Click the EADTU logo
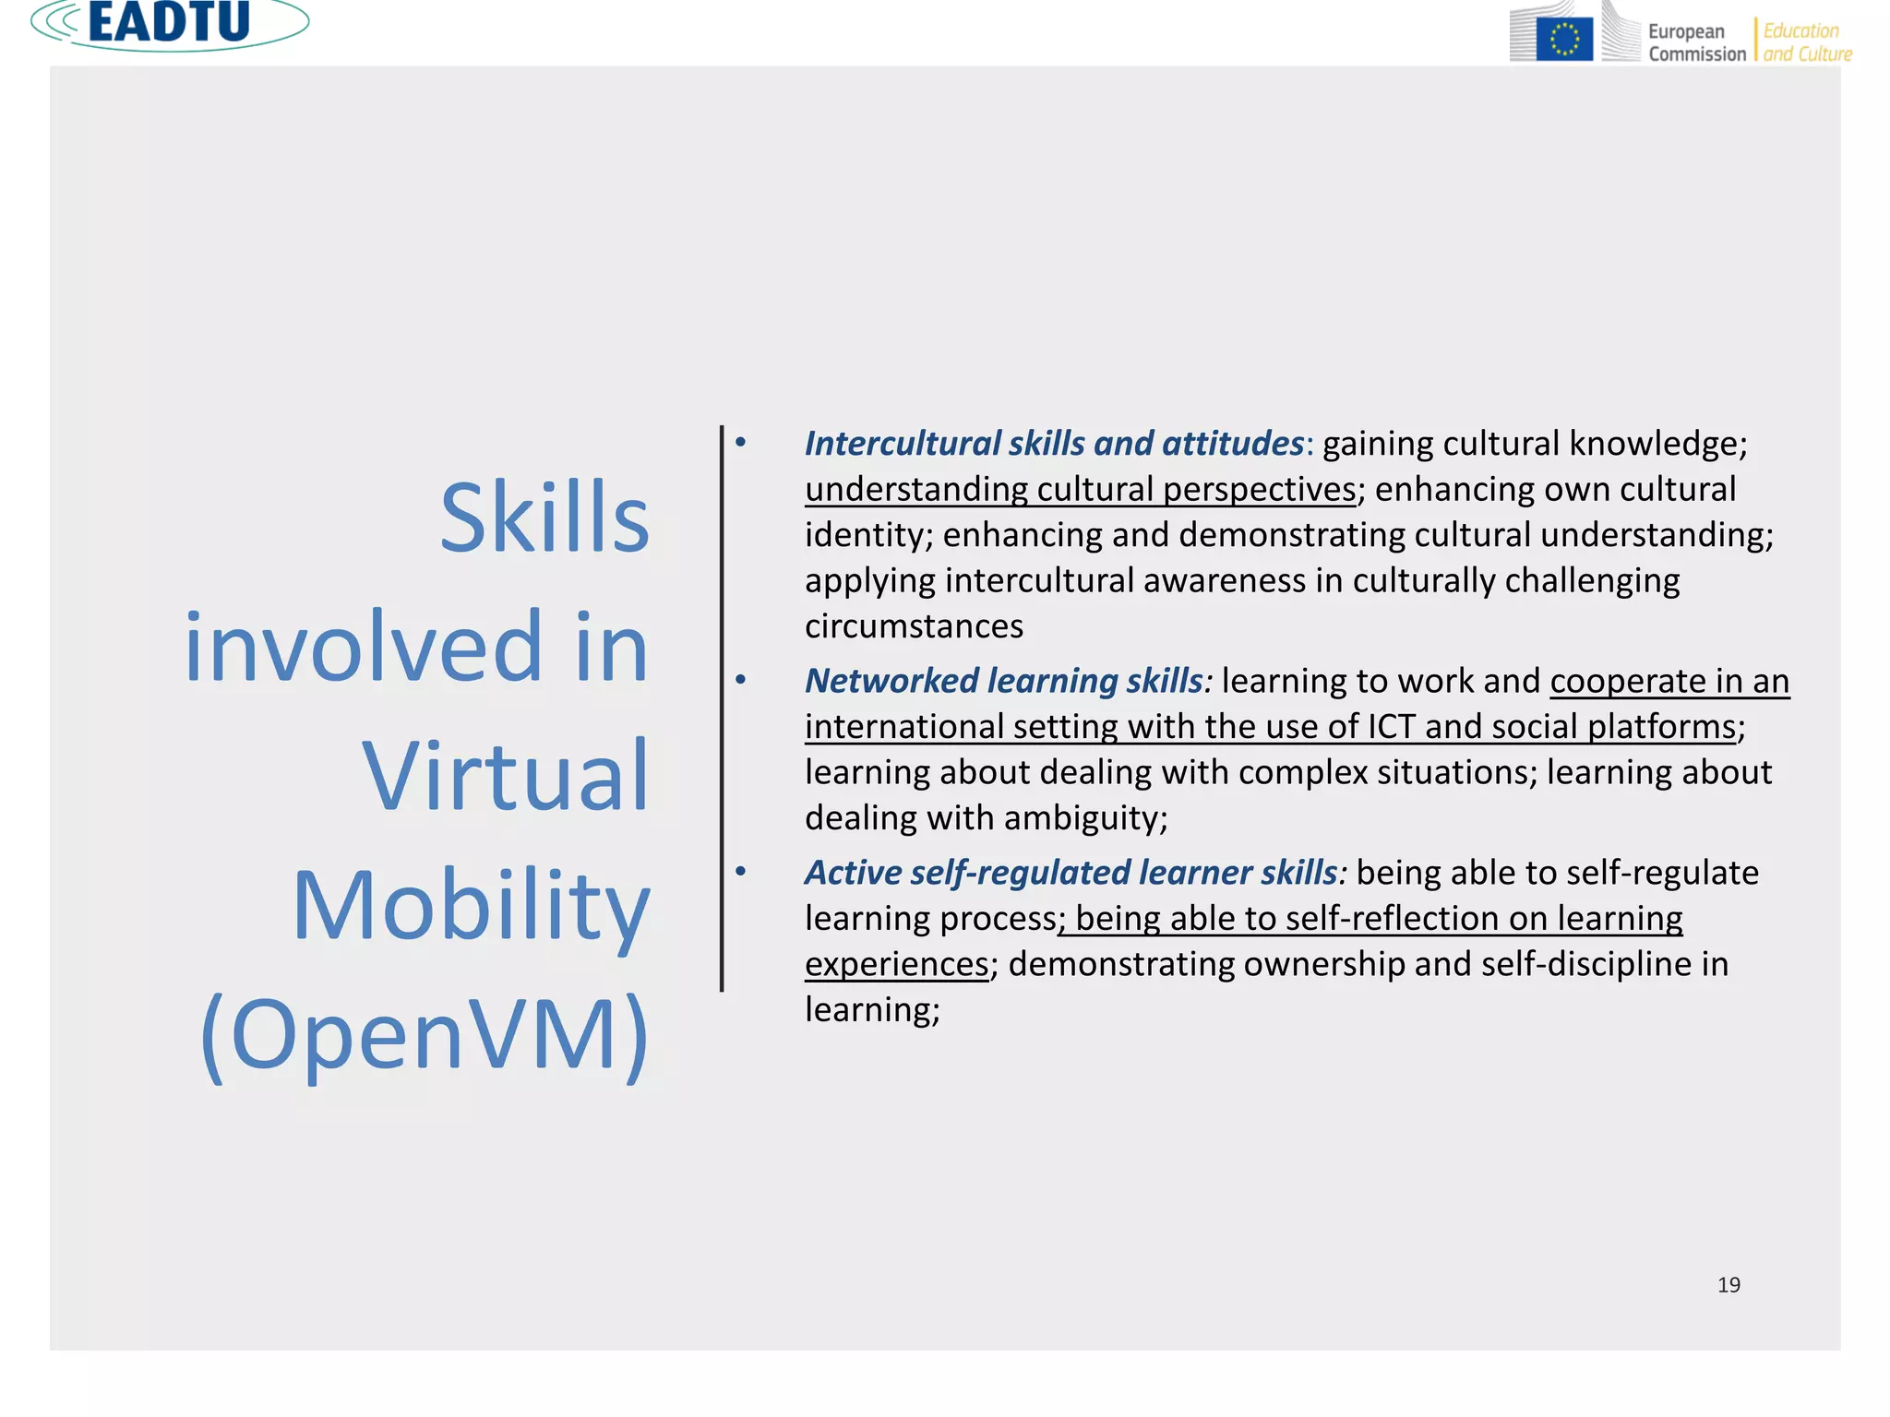170,23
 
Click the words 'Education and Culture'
1807,42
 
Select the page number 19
1729,1285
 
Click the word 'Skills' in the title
544,518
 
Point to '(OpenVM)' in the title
425,1035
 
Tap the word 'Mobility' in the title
472,907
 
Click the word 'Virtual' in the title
506,777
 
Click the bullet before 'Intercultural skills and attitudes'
740,443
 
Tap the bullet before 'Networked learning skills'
740,681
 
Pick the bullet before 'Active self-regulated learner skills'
740,872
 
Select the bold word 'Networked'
891,681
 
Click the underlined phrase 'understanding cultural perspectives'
1080,490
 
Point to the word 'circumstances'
914,626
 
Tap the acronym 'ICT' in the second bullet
1391,727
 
